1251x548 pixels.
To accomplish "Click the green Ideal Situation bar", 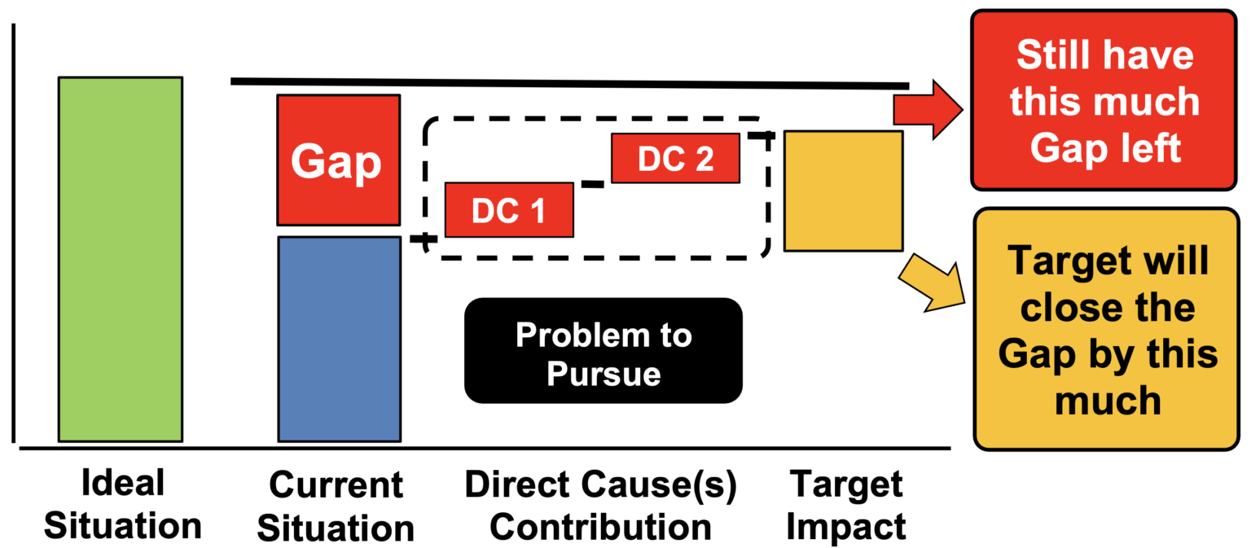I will pyautogui.click(x=121, y=259).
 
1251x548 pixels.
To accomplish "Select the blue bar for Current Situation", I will pyautogui.click(x=339, y=339).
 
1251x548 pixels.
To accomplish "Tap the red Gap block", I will pyautogui.click(x=338, y=160).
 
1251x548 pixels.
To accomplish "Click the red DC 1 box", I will pyautogui.click(x=509, y=210).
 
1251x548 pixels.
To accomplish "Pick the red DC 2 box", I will pyautogui.click(x=675, y=158).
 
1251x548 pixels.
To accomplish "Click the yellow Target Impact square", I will pyautogui.click(x=843, y=191).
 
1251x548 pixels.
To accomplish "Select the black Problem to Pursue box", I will pyautogui.click(x=604, y=350).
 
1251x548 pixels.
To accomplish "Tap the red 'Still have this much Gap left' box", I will pyautogui.click(x=1104, y=100).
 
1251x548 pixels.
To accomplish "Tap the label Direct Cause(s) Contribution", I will pyautogui.click(x=600, y=506).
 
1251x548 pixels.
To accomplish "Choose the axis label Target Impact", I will pyautogui.click(x=847, y=506).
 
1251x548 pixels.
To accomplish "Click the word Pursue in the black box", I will pyautogui.click(x=604, y=372).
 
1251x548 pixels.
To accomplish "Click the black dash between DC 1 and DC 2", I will pyautogui.click(x=592, y=185).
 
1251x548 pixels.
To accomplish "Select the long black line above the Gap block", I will pyautogui.click(x=570, y=83).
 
